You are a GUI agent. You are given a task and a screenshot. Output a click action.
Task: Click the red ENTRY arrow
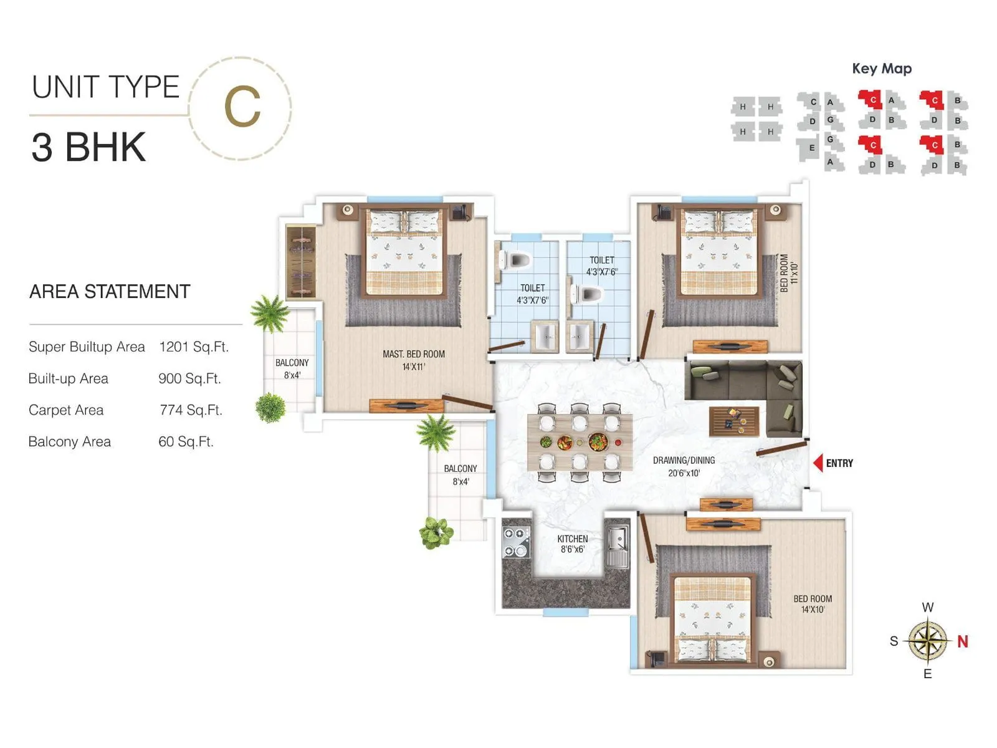pos(818,463)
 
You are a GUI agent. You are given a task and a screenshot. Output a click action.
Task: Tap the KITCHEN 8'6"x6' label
pos(572,544)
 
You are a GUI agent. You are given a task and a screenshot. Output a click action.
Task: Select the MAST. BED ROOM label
pos(414,360)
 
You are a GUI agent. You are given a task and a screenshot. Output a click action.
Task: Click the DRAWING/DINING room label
pos(684,466)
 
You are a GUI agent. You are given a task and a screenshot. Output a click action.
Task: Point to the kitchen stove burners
pos(515,542)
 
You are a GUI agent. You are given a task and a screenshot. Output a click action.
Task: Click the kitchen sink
pos(618,547)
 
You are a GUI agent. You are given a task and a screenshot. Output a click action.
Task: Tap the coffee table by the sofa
pos(734,421)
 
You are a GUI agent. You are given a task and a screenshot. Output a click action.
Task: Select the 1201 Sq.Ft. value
pos(194,347)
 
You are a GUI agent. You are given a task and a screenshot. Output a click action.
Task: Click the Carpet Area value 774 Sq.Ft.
pos(191,410)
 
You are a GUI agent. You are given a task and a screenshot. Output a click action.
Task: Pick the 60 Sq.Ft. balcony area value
pos(186,442)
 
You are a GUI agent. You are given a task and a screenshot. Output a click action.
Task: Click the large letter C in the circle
pos(242,107)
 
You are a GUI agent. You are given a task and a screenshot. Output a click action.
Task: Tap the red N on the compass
pos(963,641)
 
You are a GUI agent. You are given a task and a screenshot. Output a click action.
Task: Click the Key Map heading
pos(881,69)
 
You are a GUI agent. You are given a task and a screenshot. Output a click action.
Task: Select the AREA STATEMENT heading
pos(110,292)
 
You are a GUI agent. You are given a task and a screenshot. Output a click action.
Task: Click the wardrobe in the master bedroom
pos(301,262)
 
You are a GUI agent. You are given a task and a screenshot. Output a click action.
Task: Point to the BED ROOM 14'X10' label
pos(813,603)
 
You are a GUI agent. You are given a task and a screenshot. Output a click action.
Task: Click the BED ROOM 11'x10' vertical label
pos(788,273)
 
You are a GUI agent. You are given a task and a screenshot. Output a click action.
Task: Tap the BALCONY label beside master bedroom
pos(292,368)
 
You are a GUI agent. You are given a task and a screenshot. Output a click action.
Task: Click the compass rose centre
pos(928,641)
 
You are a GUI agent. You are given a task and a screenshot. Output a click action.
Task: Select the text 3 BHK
pos(88,148)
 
